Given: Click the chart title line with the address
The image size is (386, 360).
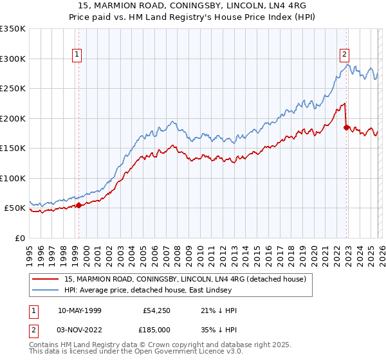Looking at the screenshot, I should point(192,6).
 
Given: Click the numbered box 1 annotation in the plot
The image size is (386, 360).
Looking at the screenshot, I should point(77,55).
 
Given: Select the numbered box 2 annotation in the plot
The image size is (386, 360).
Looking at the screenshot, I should point(345,55).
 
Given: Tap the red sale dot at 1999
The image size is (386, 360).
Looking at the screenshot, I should point(78,206).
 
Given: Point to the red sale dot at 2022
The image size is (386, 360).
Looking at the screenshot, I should point(347,127).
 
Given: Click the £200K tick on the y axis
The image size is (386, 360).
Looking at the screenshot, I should point(13,118).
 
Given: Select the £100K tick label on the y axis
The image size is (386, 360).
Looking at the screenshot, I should point(13,178).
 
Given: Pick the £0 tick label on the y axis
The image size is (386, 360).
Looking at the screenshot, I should point(19,238).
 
